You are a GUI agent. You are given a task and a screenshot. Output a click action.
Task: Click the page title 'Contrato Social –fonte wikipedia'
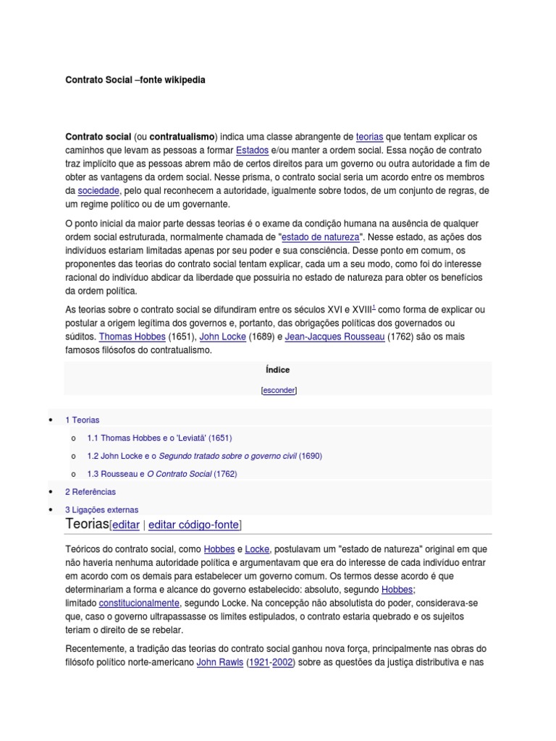point(135,80)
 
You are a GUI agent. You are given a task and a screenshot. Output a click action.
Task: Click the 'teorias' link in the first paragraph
point(370,137)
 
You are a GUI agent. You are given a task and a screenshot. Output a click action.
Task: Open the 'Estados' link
point(232,151)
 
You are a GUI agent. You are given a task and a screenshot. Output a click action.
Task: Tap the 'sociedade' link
point(98,191)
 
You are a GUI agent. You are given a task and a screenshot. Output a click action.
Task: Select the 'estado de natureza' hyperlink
point(320,237)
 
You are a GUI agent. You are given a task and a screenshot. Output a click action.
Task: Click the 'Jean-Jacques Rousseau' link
point(334,337)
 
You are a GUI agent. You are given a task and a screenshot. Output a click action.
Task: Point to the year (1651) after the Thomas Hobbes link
point(181,337)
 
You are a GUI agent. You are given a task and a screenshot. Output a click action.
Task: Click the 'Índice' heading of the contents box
point(278,370)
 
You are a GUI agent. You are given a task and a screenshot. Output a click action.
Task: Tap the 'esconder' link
point(279,390)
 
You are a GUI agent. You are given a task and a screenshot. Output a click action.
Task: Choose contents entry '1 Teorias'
point(83,420)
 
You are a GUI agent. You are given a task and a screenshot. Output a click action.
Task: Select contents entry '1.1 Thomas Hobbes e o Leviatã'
point(159,438)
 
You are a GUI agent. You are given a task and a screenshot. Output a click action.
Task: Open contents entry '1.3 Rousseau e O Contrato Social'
point(161,474)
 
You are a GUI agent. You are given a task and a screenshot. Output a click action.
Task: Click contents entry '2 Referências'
point(90,492)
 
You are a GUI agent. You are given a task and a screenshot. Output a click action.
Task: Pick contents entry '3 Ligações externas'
point(101,509)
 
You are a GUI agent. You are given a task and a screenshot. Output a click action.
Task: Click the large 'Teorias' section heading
point(87,524)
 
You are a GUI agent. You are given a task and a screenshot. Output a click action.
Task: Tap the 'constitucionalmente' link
point(139,603)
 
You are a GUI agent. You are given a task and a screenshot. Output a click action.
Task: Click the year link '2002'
point(282,663)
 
